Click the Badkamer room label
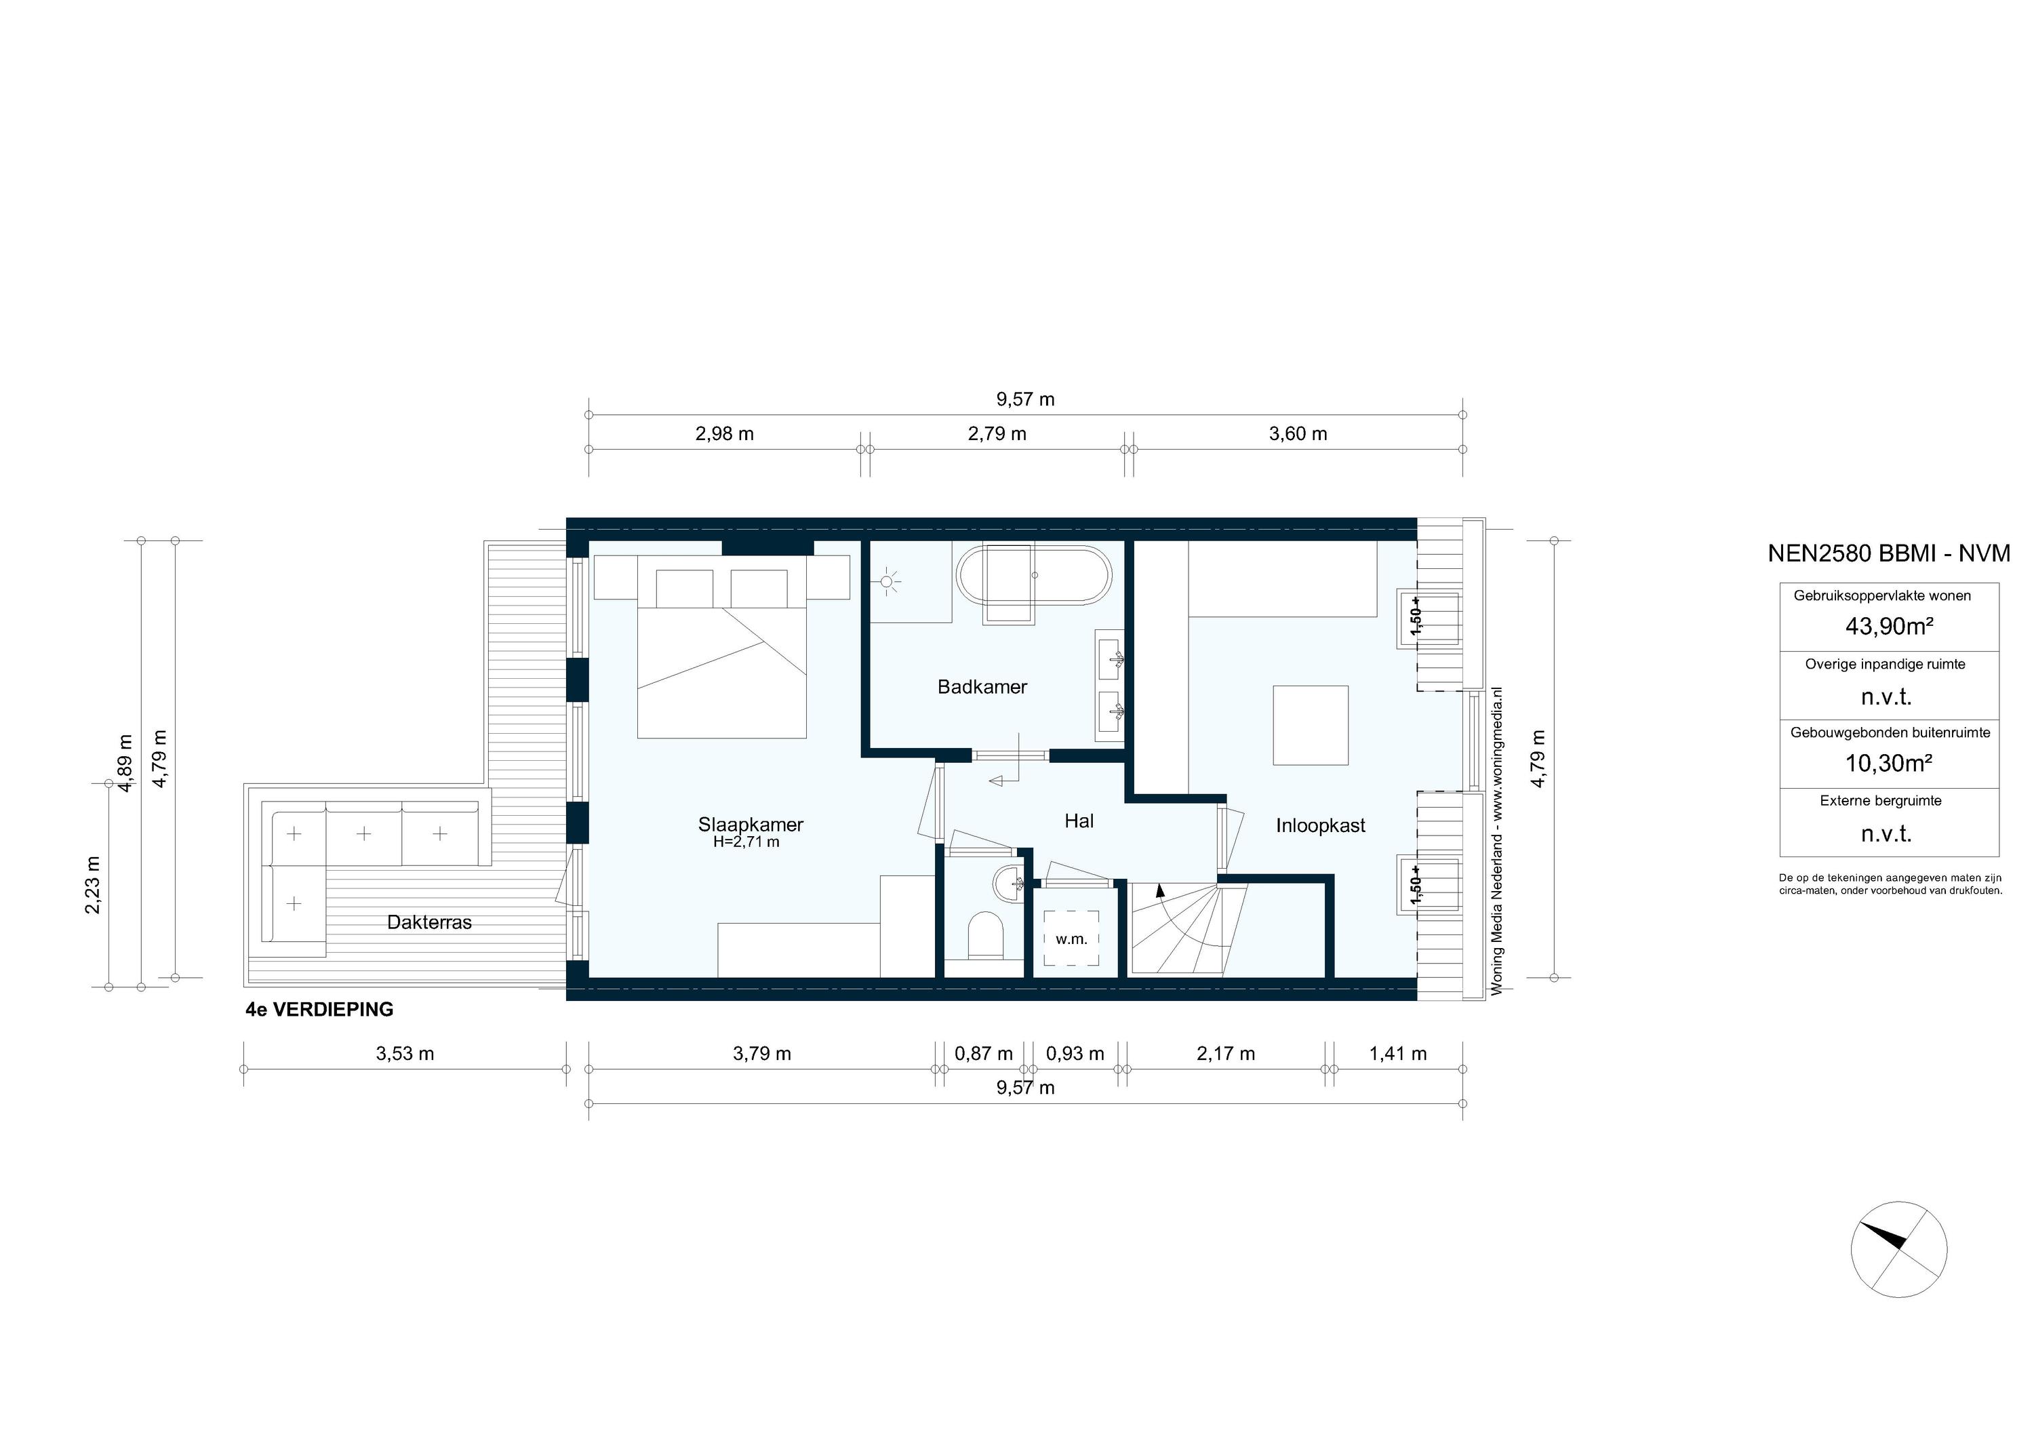982,687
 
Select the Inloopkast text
1320,826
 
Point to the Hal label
1078,821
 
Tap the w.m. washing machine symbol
1071,939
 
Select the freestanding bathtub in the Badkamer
1034,576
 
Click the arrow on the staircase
1161,890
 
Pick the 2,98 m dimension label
724,434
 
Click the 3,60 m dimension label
1298,434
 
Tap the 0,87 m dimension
983,1054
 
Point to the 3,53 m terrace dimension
405,1054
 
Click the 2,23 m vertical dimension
93,884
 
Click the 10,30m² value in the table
1888,763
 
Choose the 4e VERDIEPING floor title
319,1009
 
